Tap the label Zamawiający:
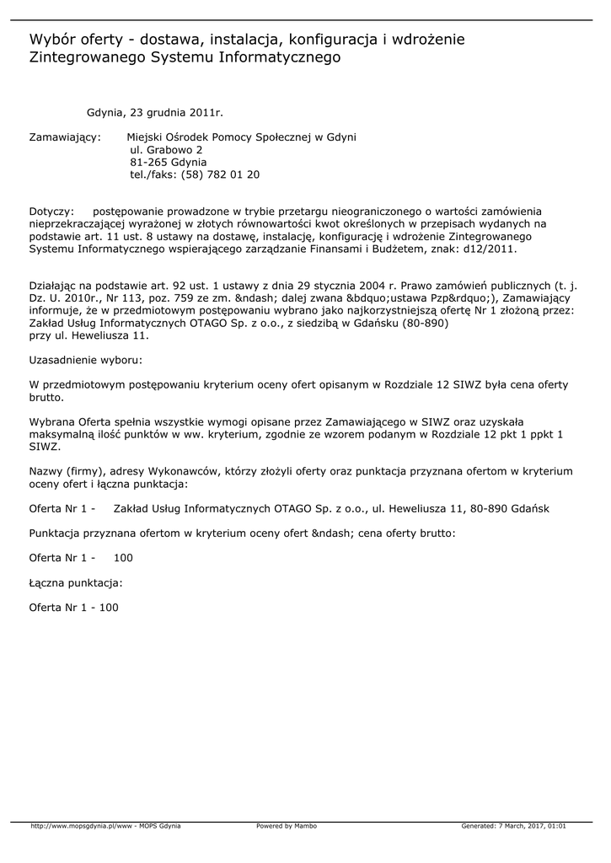coord(66,137)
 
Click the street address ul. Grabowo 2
coord(166,149)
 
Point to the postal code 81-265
coord(147,162)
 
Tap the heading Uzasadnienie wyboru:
coord(84,360)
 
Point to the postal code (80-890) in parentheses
coord(421,323)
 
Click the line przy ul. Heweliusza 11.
coord(88,335)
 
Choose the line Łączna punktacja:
coord(76,582)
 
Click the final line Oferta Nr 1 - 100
coord(74,607)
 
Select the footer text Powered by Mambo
coord(287,826)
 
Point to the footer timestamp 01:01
coord(557,826)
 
